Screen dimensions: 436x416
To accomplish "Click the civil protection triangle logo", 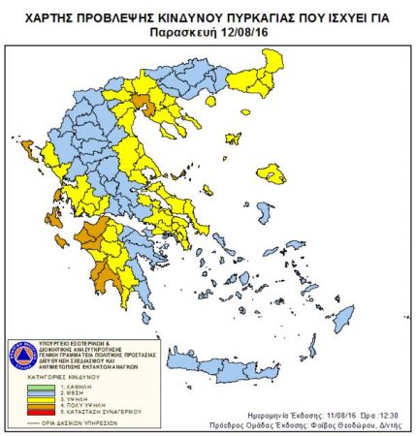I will [x=21, y=354].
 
